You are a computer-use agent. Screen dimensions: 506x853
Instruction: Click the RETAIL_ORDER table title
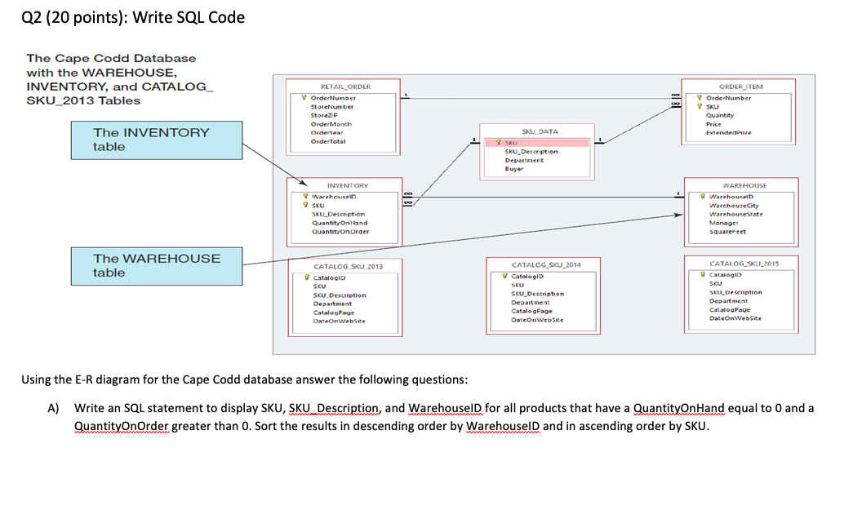[345, 87]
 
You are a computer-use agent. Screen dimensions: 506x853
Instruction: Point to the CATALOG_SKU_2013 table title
[348, 267]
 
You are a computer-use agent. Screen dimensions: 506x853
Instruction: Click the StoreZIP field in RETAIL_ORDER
[325, 115]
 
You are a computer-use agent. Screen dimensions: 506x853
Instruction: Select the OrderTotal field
[328, 141]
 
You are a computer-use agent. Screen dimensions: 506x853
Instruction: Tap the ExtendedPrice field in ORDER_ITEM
[728, 132]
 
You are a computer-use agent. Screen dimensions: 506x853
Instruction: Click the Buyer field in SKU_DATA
[514, 169]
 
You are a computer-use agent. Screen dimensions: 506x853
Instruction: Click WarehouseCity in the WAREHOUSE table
[732, 205]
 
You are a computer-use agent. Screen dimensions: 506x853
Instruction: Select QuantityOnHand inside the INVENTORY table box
[340, 222]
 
